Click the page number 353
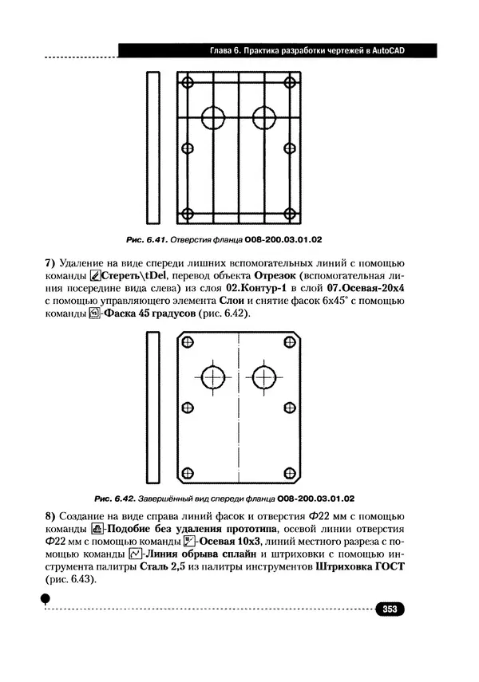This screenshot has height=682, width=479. [390, 609]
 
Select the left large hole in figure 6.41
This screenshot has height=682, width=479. [213, 117]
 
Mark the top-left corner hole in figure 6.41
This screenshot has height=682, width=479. [188, 82]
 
